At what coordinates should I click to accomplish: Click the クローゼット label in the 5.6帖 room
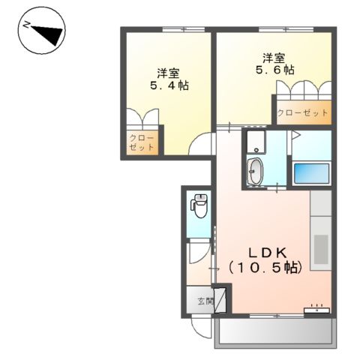tap(303, 112)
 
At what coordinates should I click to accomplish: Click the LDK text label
tap(265, 251)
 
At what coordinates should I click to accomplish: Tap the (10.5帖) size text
tap(265, 267)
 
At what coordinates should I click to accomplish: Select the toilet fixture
tap(199, 205)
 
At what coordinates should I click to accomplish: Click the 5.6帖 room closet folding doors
tap(303, 91)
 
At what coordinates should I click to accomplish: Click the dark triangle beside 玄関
tap(220, 296)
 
